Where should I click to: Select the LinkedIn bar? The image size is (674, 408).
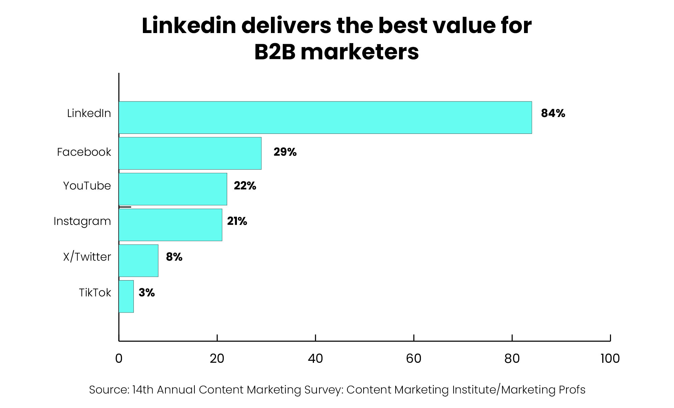pyautogui.click(x=325, y=117)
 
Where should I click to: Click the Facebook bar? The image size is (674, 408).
pyautogui.click(x=190, y=153)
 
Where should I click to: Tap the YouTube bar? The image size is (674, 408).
pyautogui.click(x=173, y=189)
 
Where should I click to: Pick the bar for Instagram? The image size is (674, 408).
pyautogui.click(x=171, y=225)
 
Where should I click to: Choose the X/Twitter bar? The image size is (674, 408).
pyautogui.click(x=139, y=260)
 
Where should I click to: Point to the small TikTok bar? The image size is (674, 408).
pyautogui.click(x=126, y=296)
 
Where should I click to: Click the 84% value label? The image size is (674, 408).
pyautogui.click(x=553, y=113)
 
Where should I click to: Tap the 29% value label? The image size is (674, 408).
pyautogui.click(x=285, y=152)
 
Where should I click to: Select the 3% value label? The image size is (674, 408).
pyautogui.click(x=147, y=292)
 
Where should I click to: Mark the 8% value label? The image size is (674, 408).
pyautogui.click(x=174, y=257)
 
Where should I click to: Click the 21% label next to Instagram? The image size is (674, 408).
pyautogui.click(x=237, y=221)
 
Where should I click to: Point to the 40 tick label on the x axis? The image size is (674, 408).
pyautogui.click(x=315, y=359)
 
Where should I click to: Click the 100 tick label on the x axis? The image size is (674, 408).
pyautogui.click(x=610, y=359)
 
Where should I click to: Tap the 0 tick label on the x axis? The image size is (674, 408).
pyautogui.click(x=119, y=359)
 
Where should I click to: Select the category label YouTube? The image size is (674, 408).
pyautogui.click(x=87, y=186)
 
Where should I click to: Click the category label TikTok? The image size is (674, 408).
pyautogui.click(x=95, y=292)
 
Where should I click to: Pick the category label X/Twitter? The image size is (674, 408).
pyautogui.click(x=87, y=257)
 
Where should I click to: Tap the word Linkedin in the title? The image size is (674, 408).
pyautogui.click(x=189, y=26)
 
